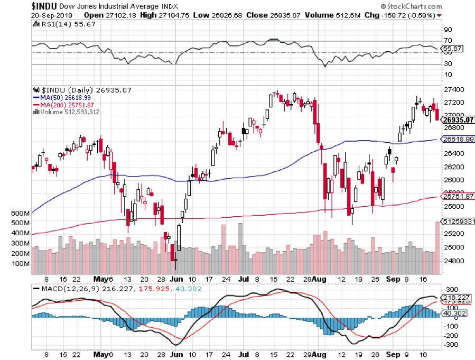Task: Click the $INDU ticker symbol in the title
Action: pos(16,6)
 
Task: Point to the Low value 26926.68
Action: pos(225,15)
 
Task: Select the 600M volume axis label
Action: pos(19,213)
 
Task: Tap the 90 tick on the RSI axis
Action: pos(449,30)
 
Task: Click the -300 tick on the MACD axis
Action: pos(450,345)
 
